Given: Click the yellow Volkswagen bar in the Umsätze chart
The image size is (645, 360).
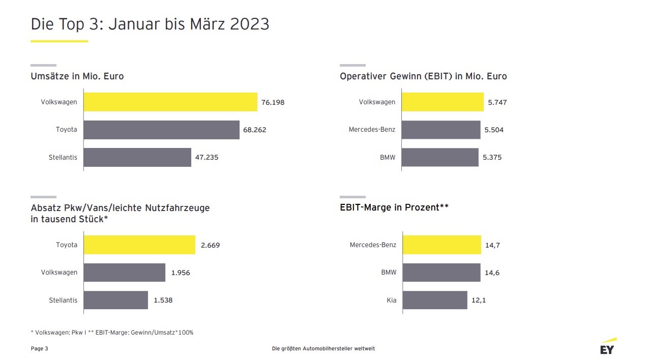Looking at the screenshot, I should pos(170,102).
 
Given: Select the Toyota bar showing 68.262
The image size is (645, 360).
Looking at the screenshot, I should pos(161,130).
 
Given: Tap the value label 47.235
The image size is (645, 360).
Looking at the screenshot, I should pos(207,158).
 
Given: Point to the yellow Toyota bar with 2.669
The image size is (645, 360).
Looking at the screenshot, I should pos(139,245).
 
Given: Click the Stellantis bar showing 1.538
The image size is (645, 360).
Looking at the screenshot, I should pos(116,300).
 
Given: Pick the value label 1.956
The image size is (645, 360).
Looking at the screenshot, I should pos(181,273).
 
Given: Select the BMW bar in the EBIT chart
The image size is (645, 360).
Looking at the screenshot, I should pos(440,158).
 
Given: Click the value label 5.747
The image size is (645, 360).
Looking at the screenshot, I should pos(497,102).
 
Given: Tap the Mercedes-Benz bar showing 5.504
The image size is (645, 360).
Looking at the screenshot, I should pos(441,130).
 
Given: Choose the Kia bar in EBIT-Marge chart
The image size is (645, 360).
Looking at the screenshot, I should pos(435,300).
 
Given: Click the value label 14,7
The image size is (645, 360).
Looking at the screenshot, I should pos(492,245).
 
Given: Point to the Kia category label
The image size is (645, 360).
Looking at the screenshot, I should pos(391,300).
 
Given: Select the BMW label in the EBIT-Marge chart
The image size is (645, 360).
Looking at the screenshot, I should pos(389,273).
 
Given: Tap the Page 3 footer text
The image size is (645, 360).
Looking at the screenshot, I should pos(40,348).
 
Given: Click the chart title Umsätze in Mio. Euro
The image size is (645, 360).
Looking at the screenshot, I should pos(77,76).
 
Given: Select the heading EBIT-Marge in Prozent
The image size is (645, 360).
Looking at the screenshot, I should pos(394,207).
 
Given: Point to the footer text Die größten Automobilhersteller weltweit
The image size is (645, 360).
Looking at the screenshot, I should pos(324,348).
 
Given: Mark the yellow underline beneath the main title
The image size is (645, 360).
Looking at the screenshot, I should pos(59,41).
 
